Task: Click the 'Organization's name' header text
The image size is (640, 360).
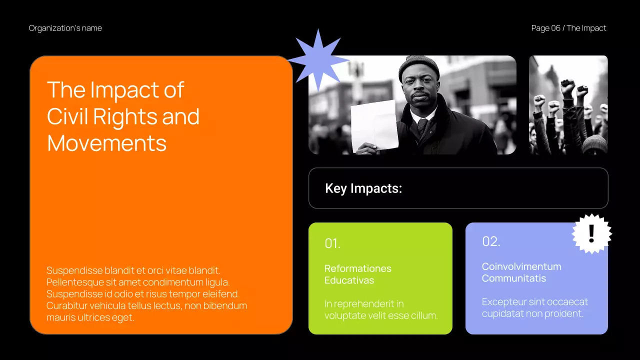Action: tap(65, 28)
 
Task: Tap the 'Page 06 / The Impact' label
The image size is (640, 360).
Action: tap(568, 28)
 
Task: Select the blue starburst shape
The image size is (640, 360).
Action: tap(317, 60)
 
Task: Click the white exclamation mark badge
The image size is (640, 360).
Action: tap(591, 233)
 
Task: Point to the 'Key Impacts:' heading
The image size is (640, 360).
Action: tap(363, 188)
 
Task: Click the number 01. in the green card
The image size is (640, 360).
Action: tap(332, 243)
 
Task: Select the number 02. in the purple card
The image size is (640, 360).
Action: tap(491, 241)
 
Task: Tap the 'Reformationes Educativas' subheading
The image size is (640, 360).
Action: tap(358, 274)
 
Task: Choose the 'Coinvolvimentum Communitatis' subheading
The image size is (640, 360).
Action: tap(521, 272)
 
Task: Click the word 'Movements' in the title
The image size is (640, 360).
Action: tap(106, 143)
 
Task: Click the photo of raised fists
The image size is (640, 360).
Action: tap(568, 105)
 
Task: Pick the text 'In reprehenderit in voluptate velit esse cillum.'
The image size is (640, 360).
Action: tap(381, 309)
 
